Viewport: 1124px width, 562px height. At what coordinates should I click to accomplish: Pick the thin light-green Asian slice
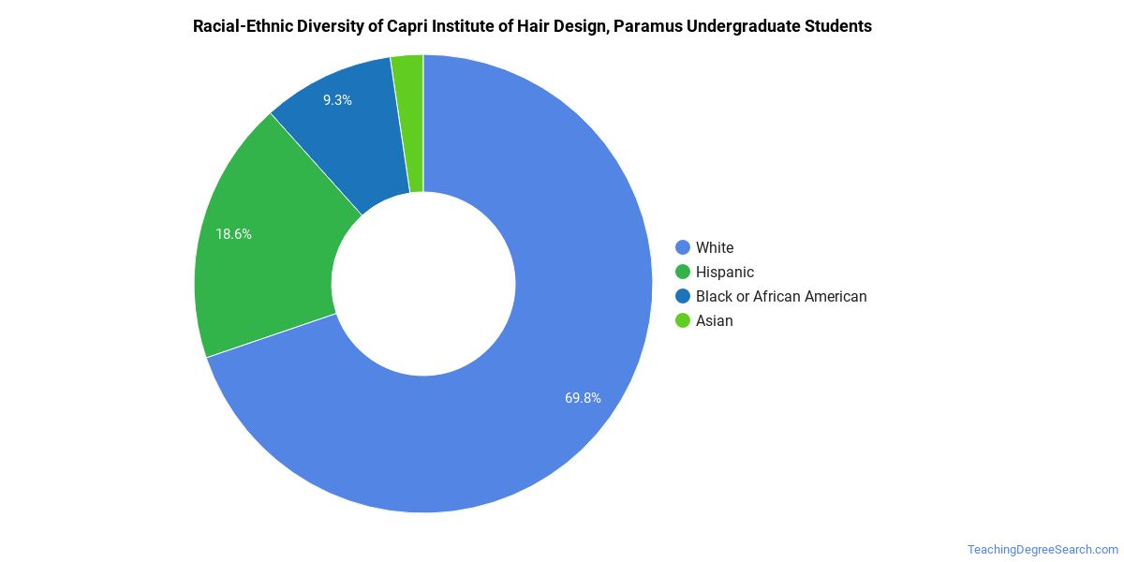pos(409,122)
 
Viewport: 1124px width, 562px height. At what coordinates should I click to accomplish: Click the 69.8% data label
pos(583,397)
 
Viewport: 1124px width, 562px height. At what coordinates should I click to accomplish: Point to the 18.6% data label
pos(233,234)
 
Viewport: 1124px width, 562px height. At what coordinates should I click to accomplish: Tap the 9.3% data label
pos(337,99)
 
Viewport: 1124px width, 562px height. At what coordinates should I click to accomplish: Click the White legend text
pos(715,248)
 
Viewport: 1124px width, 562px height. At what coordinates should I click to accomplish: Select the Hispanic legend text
pos(724,273)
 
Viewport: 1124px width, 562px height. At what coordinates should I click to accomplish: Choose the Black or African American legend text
pos(781,297)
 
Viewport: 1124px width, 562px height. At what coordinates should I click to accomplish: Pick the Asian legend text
pos(714,321)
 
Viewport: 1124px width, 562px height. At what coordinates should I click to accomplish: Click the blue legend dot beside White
pos(683,248)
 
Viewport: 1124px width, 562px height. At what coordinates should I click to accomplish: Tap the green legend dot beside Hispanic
pos(683,273)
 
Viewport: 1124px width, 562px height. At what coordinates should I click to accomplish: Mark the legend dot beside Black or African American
pos(683,297)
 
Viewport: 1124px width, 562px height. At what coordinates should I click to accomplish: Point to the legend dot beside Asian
pos(683,321)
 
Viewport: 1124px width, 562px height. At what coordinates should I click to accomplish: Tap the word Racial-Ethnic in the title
pos(243,26)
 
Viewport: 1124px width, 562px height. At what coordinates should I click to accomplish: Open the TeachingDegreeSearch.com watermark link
pos(1042,549)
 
